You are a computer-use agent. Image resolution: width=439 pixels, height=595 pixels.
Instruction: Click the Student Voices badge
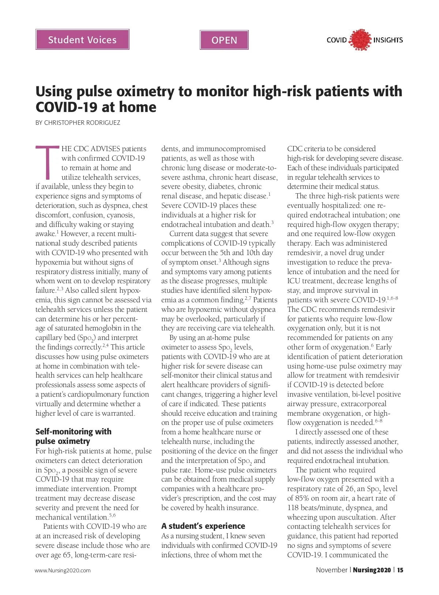82,40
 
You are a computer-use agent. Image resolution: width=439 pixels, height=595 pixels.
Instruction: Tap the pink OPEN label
224,40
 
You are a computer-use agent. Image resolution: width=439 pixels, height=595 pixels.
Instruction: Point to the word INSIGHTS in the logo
388,40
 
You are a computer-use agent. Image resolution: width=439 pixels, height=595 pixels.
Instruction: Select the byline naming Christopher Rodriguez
78,123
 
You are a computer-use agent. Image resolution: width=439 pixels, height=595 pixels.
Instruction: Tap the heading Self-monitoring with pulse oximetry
73,436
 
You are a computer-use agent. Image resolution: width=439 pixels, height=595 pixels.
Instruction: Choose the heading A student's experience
203,526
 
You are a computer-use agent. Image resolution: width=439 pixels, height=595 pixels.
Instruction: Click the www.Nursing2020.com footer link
63,570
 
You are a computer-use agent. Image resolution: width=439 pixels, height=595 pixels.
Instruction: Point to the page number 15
400,570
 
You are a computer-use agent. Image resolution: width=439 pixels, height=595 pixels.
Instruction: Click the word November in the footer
332,570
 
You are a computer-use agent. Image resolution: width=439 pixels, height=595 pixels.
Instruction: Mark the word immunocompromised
231,149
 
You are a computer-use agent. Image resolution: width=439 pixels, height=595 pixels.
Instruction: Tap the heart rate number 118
294,508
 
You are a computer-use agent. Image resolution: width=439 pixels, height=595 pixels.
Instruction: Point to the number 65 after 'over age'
67,555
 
